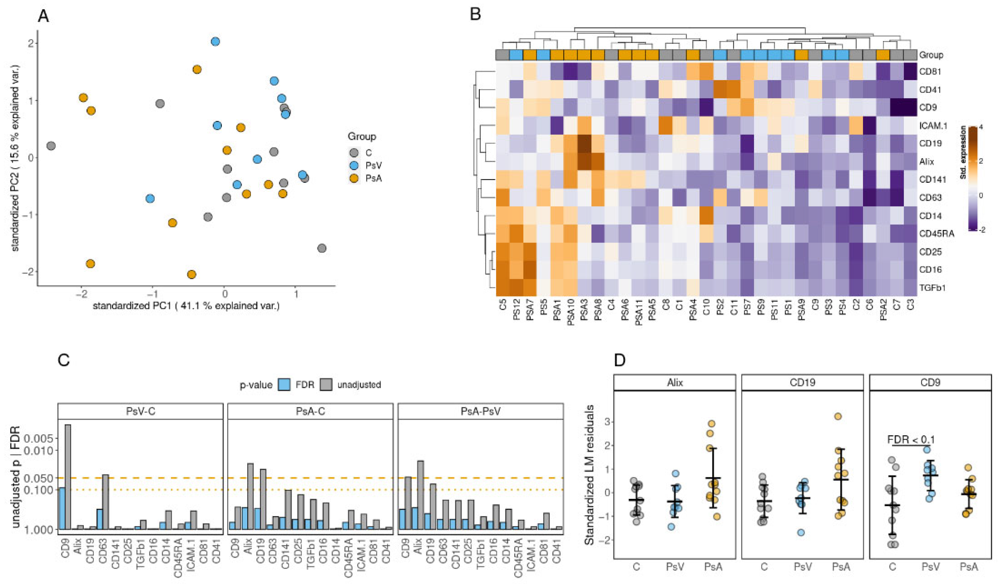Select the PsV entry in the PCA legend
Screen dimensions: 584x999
[x=373, y=165]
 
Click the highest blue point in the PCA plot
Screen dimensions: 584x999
[x=215, y=42]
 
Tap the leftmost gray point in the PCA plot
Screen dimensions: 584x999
[x=51, y=146]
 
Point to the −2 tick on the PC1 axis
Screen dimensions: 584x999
[x=82, y=295]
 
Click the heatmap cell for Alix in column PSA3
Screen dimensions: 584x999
[x=584, y=161]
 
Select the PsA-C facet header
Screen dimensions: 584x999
[x=310, y=411]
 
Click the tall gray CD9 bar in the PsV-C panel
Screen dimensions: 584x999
[x=68, y=476]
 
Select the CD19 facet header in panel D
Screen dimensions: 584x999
[x=802, y=383]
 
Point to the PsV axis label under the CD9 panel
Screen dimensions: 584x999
[x=931, y=567]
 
